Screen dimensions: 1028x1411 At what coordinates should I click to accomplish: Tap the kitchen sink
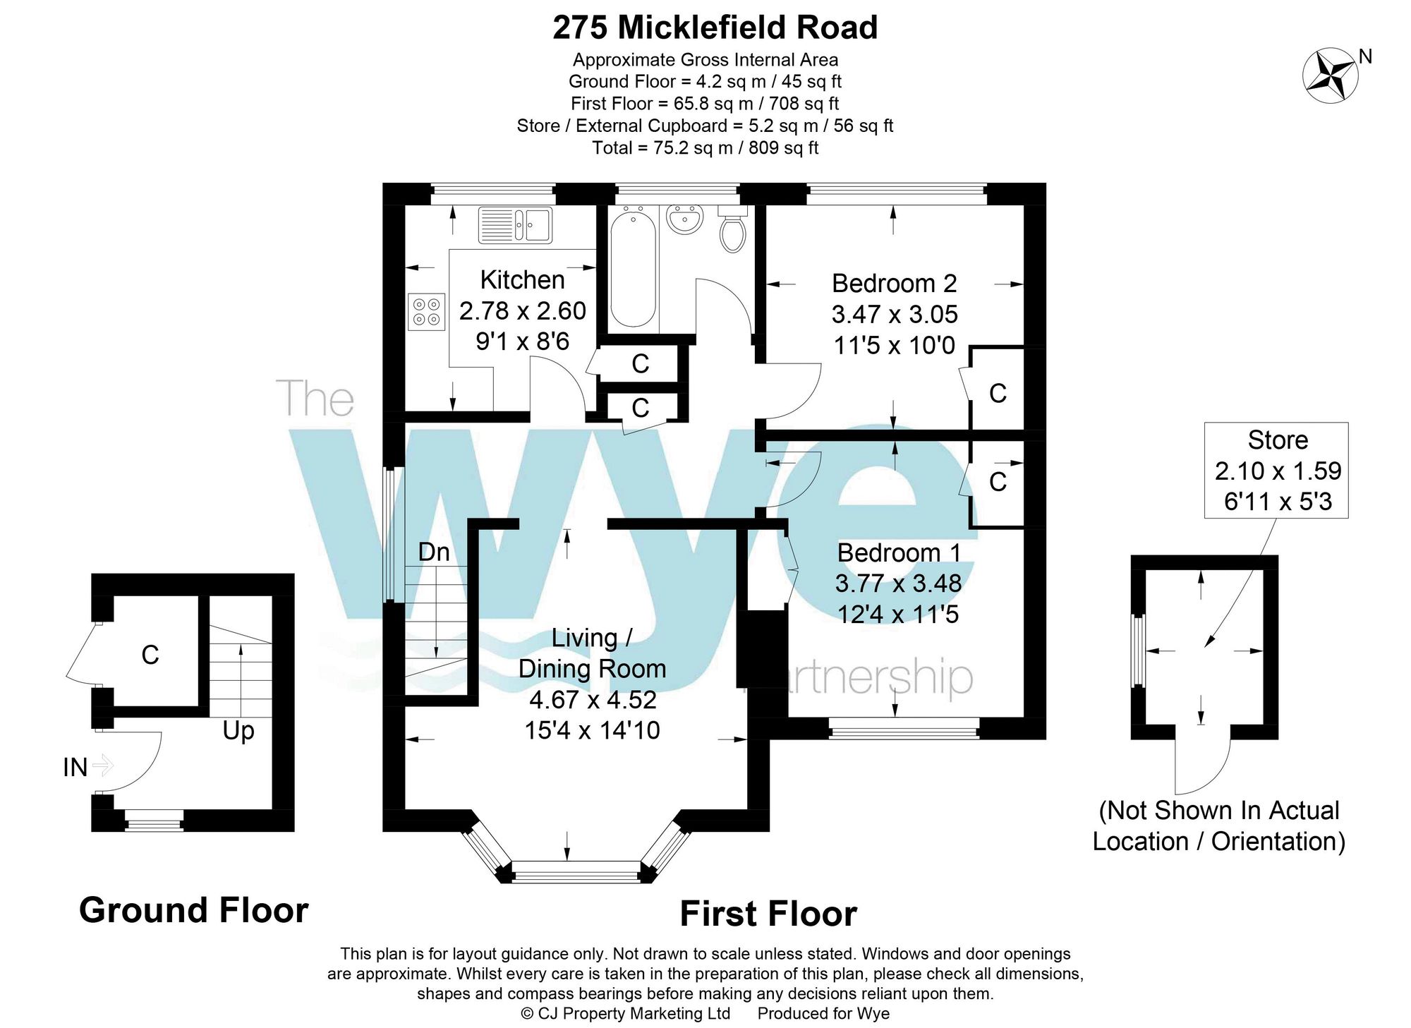[x=515, y=225]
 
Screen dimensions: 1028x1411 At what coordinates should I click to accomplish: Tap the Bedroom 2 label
[x=894, y=284]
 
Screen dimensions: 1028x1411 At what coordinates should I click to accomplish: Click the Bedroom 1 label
[x=898, y=552]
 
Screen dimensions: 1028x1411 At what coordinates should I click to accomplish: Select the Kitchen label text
[x=522, y=280]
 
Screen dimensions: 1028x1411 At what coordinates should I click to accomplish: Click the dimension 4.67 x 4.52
[x=593, y=699]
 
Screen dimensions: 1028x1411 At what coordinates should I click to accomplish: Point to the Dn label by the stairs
[x=433, y=552]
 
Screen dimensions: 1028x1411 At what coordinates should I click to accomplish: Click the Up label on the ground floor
[x=238, y=731]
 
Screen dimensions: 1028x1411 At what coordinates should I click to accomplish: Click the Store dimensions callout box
[x=1276, y=471]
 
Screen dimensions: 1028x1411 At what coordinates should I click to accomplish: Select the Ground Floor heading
[x=193, y=910]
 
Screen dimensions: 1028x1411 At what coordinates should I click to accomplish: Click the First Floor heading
[x=768, y=914]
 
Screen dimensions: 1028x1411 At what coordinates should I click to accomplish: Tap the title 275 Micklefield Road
[x=715, y=28]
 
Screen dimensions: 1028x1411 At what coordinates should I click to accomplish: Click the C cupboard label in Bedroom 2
[x=997, y=393]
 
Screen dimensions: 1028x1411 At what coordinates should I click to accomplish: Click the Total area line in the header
[x=705, y=147]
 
